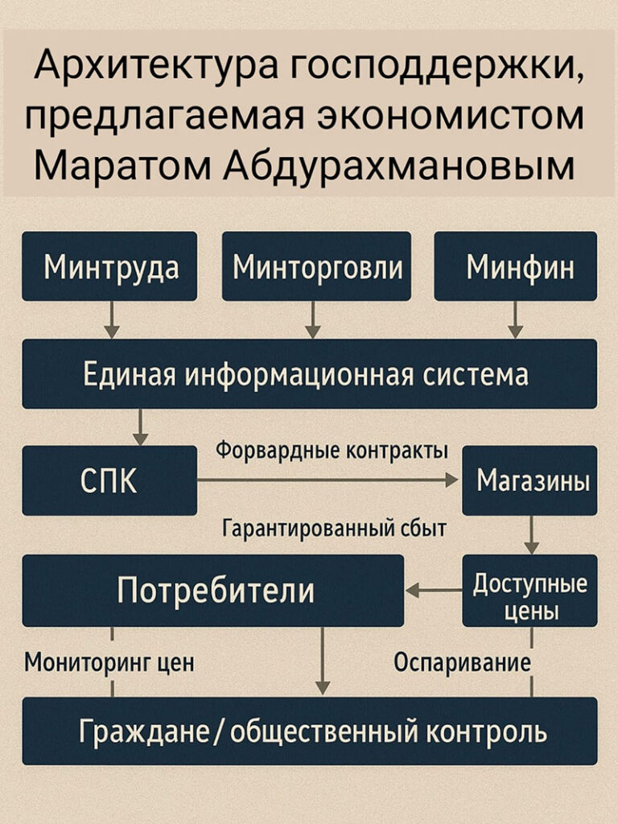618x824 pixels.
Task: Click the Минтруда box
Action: (109, 266)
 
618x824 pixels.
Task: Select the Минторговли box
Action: (316, 266)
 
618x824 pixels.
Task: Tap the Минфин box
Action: (516, 266)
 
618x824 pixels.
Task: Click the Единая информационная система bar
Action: (309, 373)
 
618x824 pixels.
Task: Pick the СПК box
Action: (109, 480)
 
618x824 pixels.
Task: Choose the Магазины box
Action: (529, 480)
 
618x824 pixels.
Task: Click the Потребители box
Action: (213, 591)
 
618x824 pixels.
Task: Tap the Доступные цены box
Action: (529, 591)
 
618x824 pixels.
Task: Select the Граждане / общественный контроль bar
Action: (309, 731)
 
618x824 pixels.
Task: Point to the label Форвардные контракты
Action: (332, 451)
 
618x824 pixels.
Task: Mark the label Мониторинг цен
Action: (109, 663)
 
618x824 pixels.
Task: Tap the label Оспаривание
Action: (462, 663)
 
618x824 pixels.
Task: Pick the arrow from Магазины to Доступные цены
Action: (532, 534)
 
